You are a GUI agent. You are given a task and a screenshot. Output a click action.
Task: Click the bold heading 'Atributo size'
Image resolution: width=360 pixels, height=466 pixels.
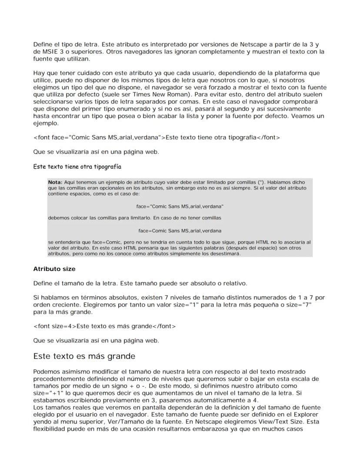tap(54, 269)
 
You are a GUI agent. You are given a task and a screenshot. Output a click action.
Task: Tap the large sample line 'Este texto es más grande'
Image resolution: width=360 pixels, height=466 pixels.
tap(84, 356)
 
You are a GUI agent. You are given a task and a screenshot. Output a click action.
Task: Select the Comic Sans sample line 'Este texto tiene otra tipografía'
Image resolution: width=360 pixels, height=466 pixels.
tap(77, 166)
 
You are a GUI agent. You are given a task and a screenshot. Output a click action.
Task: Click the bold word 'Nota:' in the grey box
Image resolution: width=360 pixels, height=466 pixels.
tap(55, 182)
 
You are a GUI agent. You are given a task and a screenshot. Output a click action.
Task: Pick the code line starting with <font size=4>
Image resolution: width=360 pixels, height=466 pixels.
tap(104, 326)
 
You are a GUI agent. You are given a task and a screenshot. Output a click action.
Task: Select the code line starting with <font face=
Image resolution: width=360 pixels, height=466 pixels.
tap(157, 138)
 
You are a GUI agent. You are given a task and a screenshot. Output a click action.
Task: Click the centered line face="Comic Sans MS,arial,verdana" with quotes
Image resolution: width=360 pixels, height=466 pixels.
tap(180, 206)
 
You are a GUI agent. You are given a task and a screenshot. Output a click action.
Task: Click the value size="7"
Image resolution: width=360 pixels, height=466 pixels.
tap(299, 305)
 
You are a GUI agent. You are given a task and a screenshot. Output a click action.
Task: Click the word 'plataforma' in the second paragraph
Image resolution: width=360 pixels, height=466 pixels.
tap(291, 73)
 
